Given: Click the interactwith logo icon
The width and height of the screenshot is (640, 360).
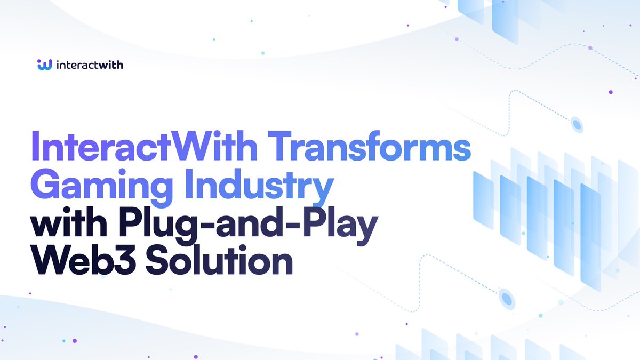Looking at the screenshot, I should tap(44, 65).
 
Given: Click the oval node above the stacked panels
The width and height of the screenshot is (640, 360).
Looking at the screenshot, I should tap(577, 124).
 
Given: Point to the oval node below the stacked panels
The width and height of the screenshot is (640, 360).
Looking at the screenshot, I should tap(507, 299).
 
